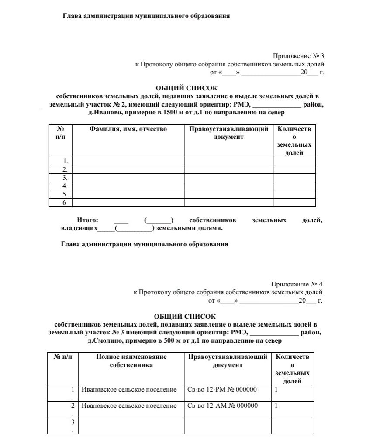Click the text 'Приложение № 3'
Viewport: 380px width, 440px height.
click(299, 56)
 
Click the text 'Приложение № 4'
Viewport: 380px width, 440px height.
click(297, 284)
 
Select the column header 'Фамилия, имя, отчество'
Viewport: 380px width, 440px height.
click(128, 129)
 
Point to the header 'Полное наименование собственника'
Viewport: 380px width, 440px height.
click(131, 361)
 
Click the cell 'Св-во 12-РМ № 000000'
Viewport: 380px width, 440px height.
click(222, 389)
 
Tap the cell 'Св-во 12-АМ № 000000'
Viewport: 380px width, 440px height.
click(222, 406)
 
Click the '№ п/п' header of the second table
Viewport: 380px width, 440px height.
click(63, 357)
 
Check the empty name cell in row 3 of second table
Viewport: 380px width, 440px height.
click(131, 426)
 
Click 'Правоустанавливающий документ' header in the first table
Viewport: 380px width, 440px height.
click(228, 133)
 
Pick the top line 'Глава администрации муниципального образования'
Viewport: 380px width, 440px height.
click(147, 16)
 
